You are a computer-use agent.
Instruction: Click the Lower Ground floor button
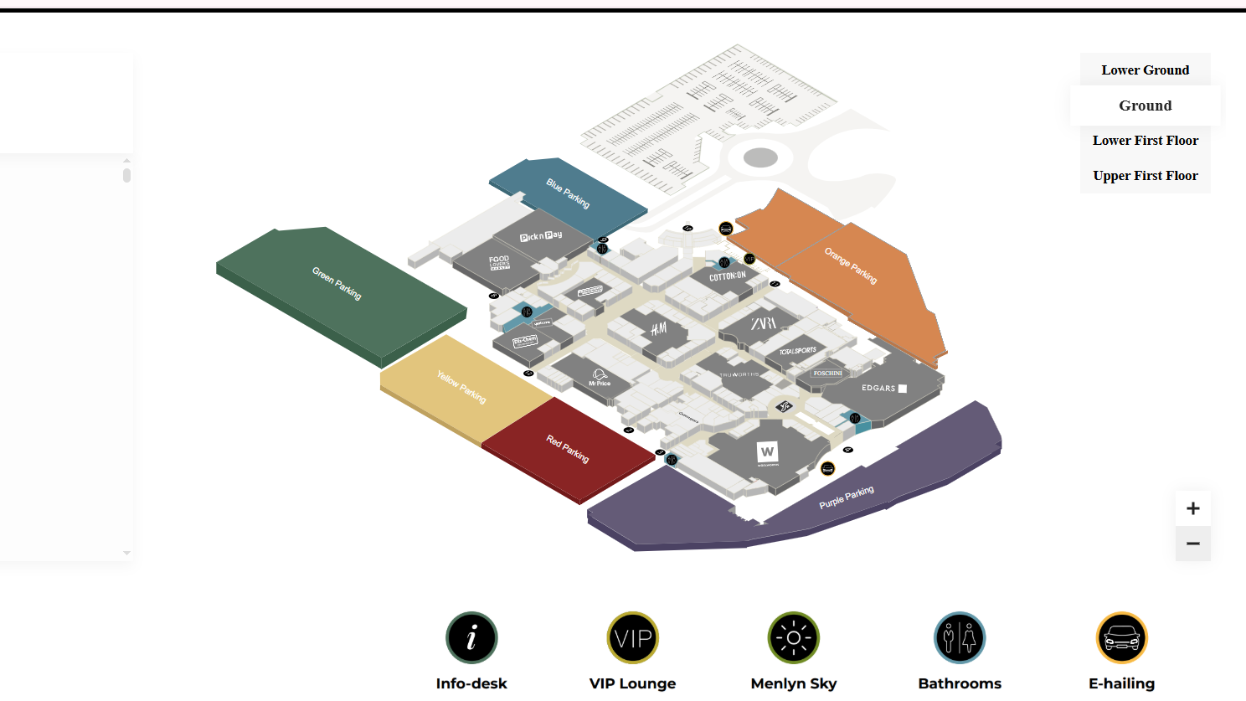coord(1145,70)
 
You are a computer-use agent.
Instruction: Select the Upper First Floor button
coord(1145,176)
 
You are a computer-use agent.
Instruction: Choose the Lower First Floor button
coord(1145,141)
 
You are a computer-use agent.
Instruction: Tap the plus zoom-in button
coord(1192,508)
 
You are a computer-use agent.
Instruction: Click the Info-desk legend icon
coord(471,638)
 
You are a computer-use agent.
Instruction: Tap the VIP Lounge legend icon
coord(632,638)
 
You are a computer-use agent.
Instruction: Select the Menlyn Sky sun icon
coord(794,638)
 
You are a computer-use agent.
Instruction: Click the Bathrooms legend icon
coord(960,638)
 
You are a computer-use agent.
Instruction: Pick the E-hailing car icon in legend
coord(1122,638)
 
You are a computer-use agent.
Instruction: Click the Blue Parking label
coord(568,193)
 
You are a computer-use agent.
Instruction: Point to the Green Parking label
coord(337,283)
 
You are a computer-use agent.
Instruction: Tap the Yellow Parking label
coord(461,387)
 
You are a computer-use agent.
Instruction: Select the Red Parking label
coord(568,449)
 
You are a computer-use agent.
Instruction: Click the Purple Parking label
coord(847,497)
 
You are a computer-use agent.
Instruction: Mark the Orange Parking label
coord(851,265)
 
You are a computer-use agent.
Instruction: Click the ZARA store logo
coord(763,323)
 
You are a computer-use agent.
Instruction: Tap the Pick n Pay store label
coord(541,236)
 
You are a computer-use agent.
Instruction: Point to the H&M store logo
coord(659,328)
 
